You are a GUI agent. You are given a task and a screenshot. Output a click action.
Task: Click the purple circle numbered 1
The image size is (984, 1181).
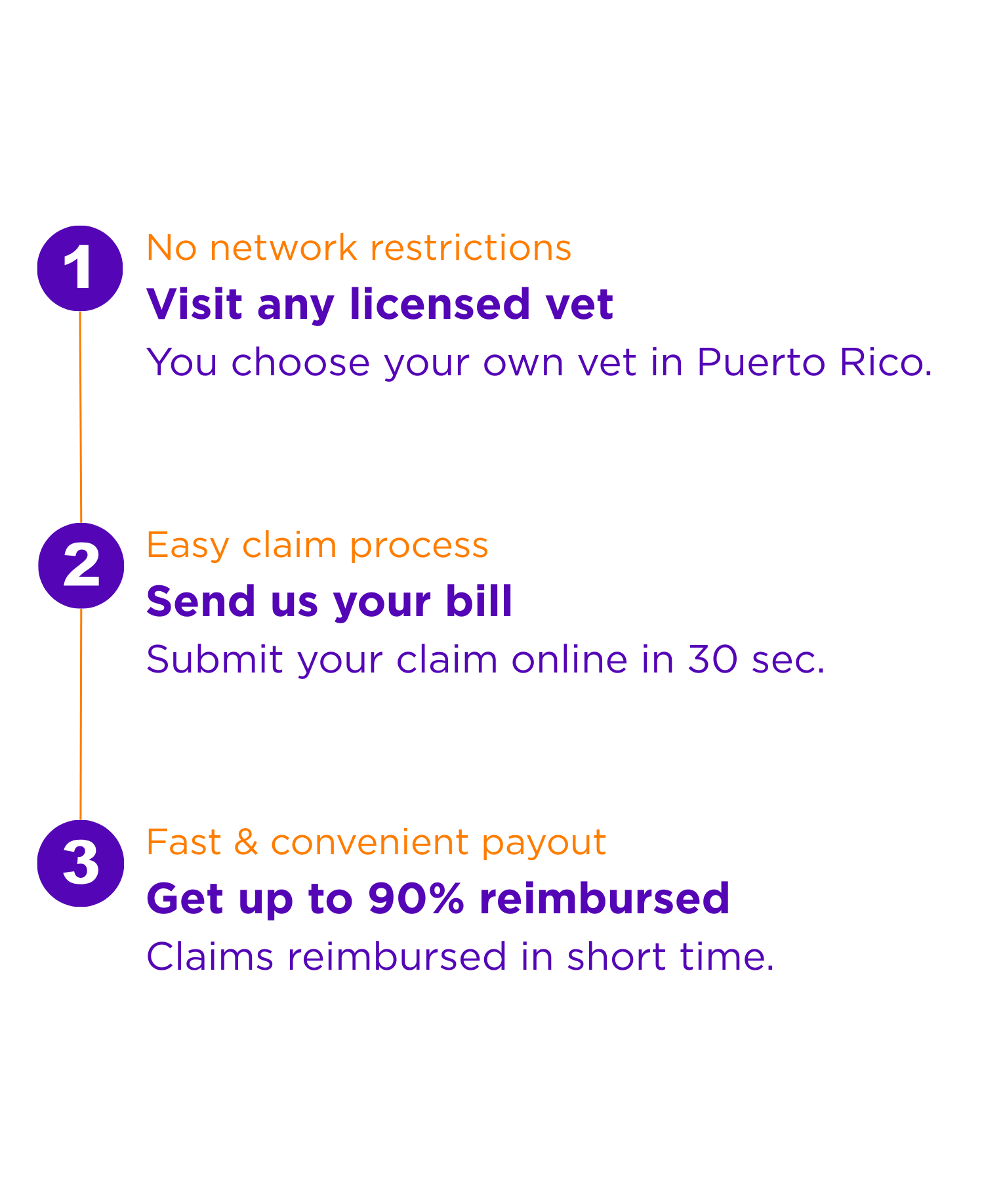click(x=80, y=268)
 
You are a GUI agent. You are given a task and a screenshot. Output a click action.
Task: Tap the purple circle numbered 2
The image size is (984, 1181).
click(x=81, y=566)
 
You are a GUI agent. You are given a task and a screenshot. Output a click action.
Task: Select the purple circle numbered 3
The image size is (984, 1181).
click(x=81, y=863)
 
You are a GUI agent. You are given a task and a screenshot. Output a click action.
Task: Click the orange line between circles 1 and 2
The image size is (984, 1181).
click(x=81, y=417)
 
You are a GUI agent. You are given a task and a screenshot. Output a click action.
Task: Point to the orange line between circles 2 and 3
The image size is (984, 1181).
click(x=81, y=714)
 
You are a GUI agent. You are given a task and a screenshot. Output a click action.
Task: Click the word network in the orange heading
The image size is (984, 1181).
click(x=283, y=248)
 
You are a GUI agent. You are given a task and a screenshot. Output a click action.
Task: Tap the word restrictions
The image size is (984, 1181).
click(x=470, y=248)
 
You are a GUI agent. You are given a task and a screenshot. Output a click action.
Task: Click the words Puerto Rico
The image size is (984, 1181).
click(x=813, y=362)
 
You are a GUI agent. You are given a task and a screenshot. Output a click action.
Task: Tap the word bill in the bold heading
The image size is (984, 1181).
click(x=479, y=601)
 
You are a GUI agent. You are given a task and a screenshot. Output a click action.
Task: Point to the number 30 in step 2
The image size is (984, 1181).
click(x=712, y=659)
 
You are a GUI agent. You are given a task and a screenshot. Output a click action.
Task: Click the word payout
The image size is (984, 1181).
click(x=544, y=843)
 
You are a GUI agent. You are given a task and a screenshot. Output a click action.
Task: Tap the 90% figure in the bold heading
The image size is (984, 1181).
click(x=416, y=898)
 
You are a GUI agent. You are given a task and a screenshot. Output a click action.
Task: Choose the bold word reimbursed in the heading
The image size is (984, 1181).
click(x=604, y=898)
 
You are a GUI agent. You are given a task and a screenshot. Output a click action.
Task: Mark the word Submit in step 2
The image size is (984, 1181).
click(x=215, y=659)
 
